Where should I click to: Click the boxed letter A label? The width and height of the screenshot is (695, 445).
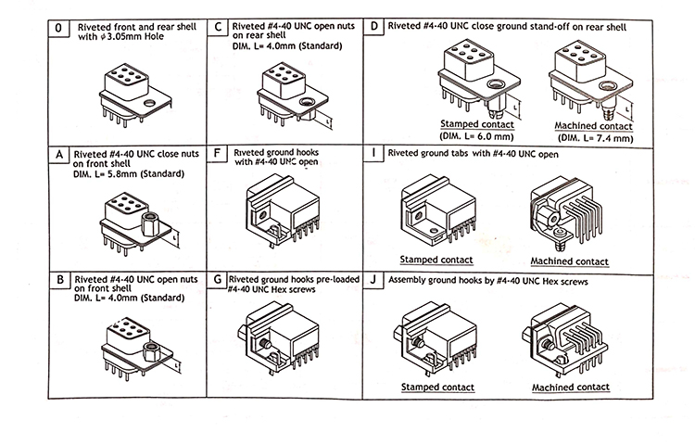[x=59, y=154]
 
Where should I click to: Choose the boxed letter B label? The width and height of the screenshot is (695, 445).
[x=59, y=279]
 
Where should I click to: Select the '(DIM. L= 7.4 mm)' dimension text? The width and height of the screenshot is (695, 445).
[x=593, y=137]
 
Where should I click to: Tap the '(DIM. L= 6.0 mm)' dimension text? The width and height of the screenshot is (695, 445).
[x=477, y=133]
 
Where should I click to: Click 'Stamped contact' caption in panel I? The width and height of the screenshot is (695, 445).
[x=436, y=260]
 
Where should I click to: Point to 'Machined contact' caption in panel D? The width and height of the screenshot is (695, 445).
[x=593, y=126]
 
